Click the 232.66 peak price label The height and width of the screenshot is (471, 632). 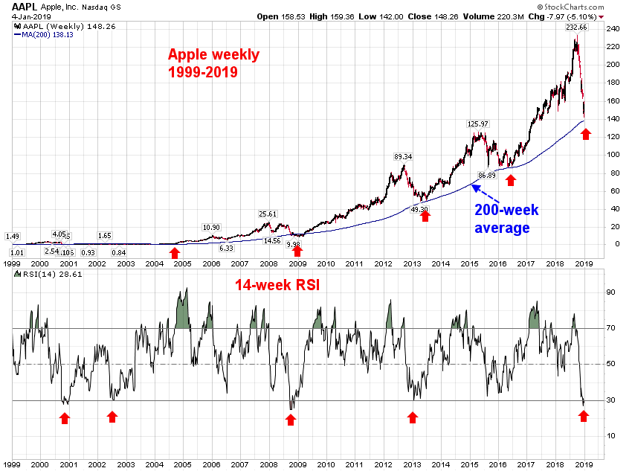pos(575,27)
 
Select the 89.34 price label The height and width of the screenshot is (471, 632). pos(402,156)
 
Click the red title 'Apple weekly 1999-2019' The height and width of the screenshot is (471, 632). pos(213,63)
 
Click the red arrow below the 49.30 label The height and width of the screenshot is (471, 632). pos(425,217)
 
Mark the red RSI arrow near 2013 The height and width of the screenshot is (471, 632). pos(413,418)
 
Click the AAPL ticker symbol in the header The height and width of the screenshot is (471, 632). pos(25,6)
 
